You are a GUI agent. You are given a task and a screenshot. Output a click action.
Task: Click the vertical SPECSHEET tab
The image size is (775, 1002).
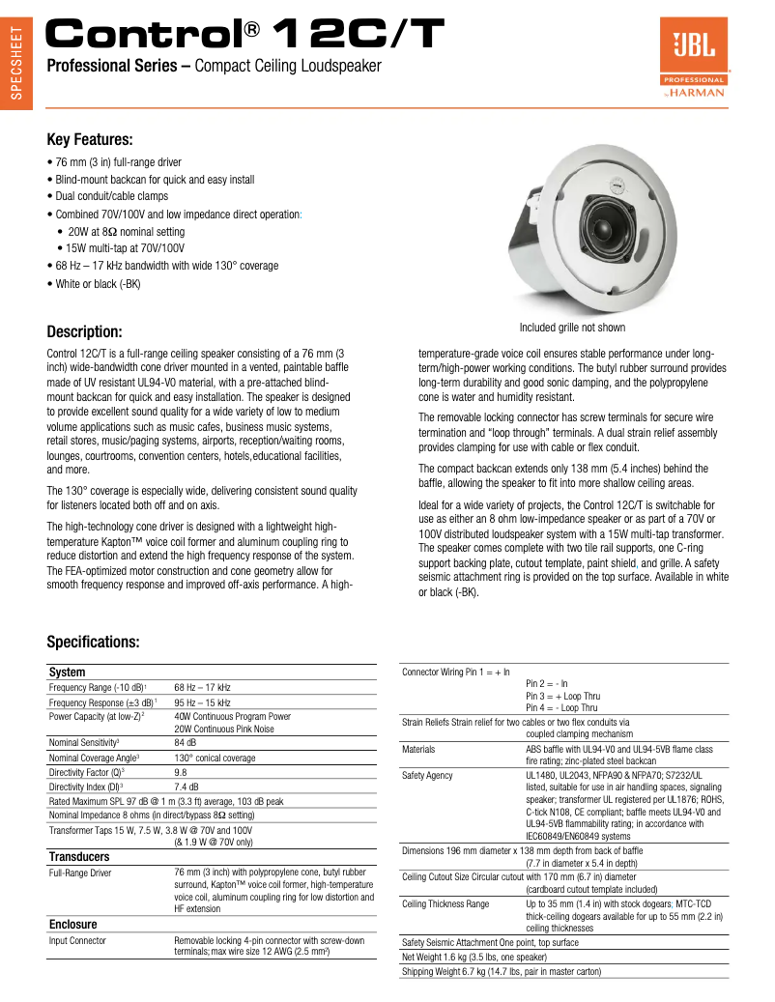click(x=15, y=62)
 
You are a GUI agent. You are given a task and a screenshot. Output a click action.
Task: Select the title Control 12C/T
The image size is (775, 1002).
click(x=246, y=36)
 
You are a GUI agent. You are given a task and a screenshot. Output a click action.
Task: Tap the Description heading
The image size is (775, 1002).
click(x=84, y=331)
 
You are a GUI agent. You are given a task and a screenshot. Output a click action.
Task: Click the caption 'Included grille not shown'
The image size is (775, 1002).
click(x=572, y=328)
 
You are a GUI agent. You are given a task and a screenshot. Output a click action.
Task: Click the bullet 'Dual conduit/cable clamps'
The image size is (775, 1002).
click(x=112, y=196)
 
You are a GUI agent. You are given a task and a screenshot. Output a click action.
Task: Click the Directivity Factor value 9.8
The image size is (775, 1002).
click(x=180, y=773)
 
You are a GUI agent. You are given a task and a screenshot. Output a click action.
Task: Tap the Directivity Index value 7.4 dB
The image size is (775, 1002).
click(x=186, y=787)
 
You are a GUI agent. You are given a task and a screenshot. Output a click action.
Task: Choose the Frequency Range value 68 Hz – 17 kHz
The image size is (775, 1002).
click(x=202, y=687)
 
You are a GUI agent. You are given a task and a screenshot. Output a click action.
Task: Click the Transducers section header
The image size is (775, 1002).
click(x=79, y=856)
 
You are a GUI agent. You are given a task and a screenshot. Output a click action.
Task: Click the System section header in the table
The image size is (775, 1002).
click(x=68, y=672)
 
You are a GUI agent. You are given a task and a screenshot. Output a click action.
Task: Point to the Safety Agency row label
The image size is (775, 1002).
click(x=427, y=776)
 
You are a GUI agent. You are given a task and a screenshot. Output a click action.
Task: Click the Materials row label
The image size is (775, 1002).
click(x=418, y=749)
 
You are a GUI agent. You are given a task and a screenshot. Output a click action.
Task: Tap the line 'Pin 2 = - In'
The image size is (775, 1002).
click(x=547, y=682)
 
